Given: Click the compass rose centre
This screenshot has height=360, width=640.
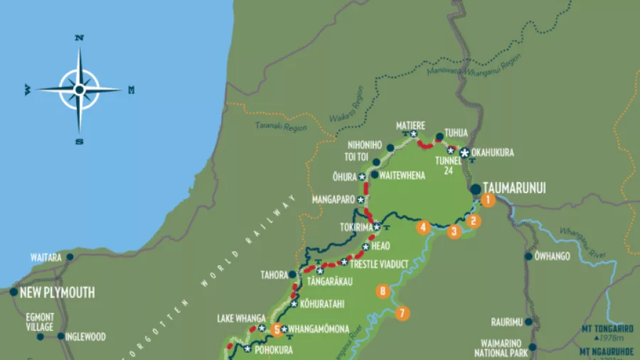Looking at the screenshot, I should click(79, 90).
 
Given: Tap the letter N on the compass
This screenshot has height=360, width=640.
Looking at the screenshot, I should click(80, 38).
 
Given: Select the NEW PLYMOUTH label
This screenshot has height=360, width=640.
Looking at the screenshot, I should click(58, 292).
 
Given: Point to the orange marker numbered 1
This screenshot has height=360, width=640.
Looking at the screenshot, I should click(487, 200).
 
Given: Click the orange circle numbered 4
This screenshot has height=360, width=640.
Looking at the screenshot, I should click(424, 228).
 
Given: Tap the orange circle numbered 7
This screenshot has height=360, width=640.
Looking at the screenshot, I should click(402, 313).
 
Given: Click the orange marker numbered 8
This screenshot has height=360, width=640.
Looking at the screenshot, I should click(383, 290).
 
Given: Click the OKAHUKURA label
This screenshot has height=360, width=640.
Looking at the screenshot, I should click(492, 153).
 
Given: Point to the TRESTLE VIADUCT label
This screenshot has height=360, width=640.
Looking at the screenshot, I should click(379, 264).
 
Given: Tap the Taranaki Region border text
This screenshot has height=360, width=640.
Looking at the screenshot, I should click(280, 127).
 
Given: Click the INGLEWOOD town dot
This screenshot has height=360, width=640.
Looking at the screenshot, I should click(61, 337).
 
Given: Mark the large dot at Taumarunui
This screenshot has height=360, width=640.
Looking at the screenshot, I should click(475, 189).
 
